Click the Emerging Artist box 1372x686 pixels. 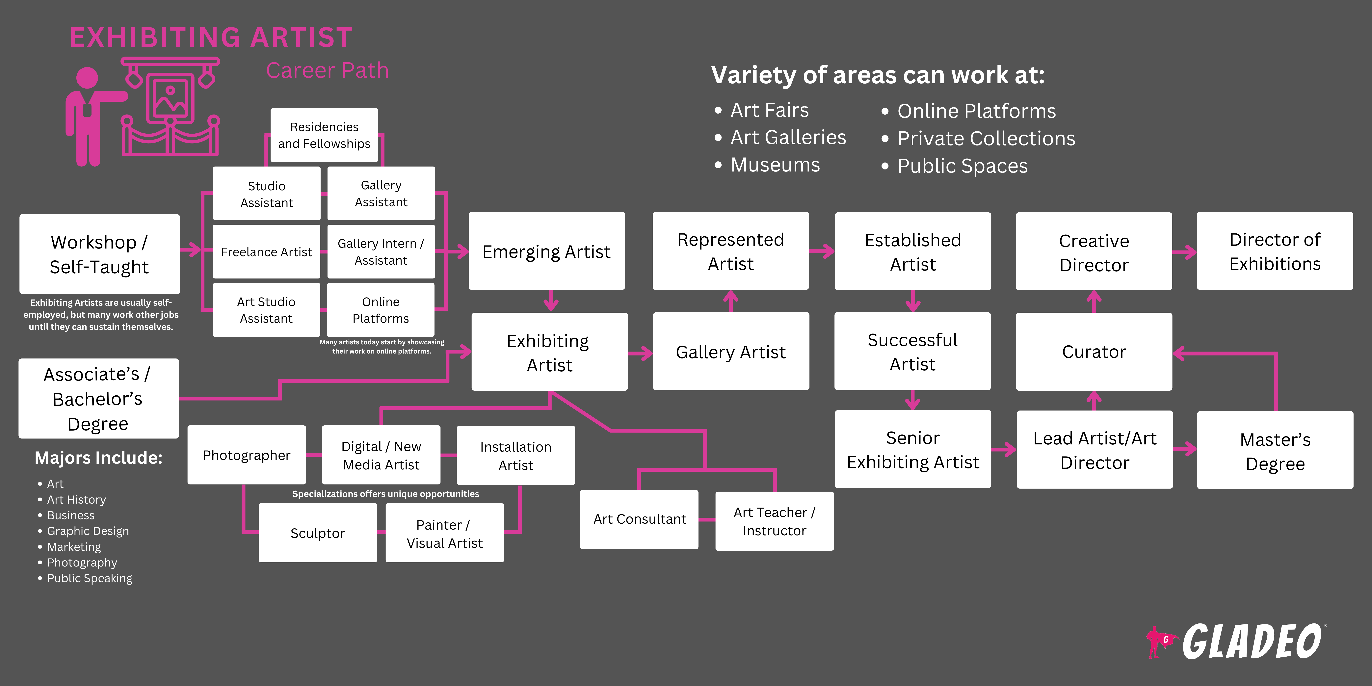[x=546, y=251]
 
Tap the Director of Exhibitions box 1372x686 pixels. [x=1275, y=251]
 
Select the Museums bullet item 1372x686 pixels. [x=775, y=165]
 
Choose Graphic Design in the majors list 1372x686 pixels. [x=88, y=531]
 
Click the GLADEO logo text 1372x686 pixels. [x=1252, y=642]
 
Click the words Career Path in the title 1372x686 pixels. [x=327, y=70]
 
